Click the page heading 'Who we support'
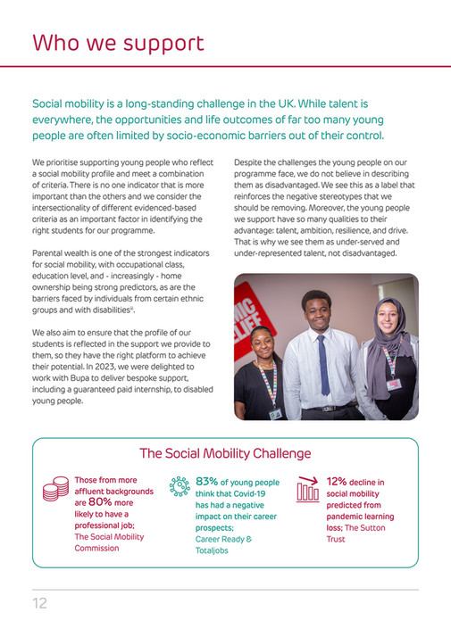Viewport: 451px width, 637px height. pos(118,43)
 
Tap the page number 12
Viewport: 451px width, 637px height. pos(39,603)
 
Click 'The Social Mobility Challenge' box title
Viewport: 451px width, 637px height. pos(225,453)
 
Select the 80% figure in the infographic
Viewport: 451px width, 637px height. pos(100,501)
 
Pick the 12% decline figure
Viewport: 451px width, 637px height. pos(337,482)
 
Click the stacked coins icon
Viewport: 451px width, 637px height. pos(56,489)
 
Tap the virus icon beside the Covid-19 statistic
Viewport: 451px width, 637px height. pos(180,486)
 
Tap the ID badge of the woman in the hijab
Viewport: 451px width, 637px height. pos(393,383)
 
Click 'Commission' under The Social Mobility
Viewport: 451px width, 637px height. pos(96,548)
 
